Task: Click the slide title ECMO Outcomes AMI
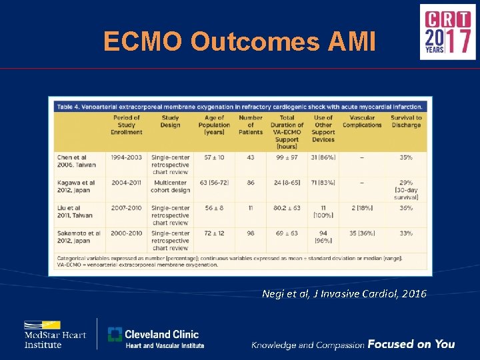239,42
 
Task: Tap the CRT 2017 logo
447,31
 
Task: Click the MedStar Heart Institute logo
55,334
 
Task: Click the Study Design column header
169,125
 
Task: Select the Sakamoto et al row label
77,237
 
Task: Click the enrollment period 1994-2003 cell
127,157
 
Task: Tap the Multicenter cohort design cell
170,186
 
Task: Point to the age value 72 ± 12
214,233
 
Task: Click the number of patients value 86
251,183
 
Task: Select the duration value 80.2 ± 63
287,208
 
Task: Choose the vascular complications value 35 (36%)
362,233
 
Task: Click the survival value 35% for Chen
406,157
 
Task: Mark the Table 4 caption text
240,106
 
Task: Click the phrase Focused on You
411,344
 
